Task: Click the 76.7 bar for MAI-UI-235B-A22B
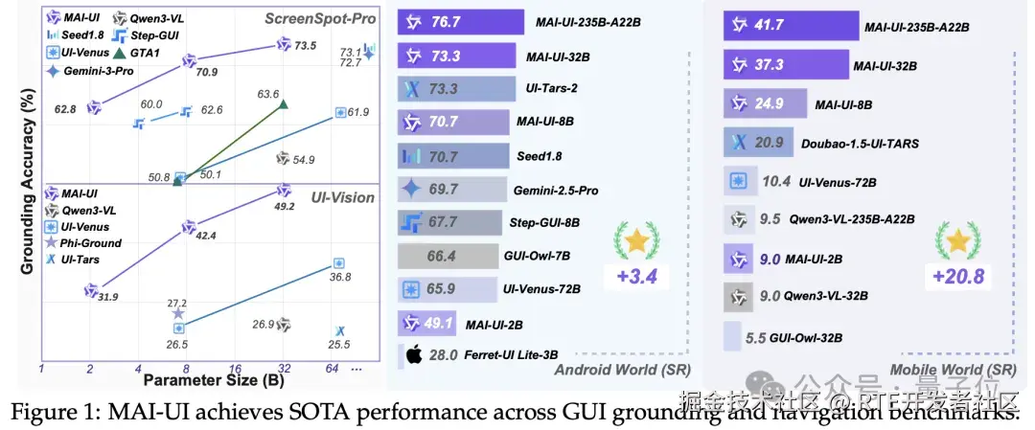[x=460, y=22]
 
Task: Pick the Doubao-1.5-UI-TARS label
[x=860, y=143]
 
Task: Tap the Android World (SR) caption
[x=613, y=369]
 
